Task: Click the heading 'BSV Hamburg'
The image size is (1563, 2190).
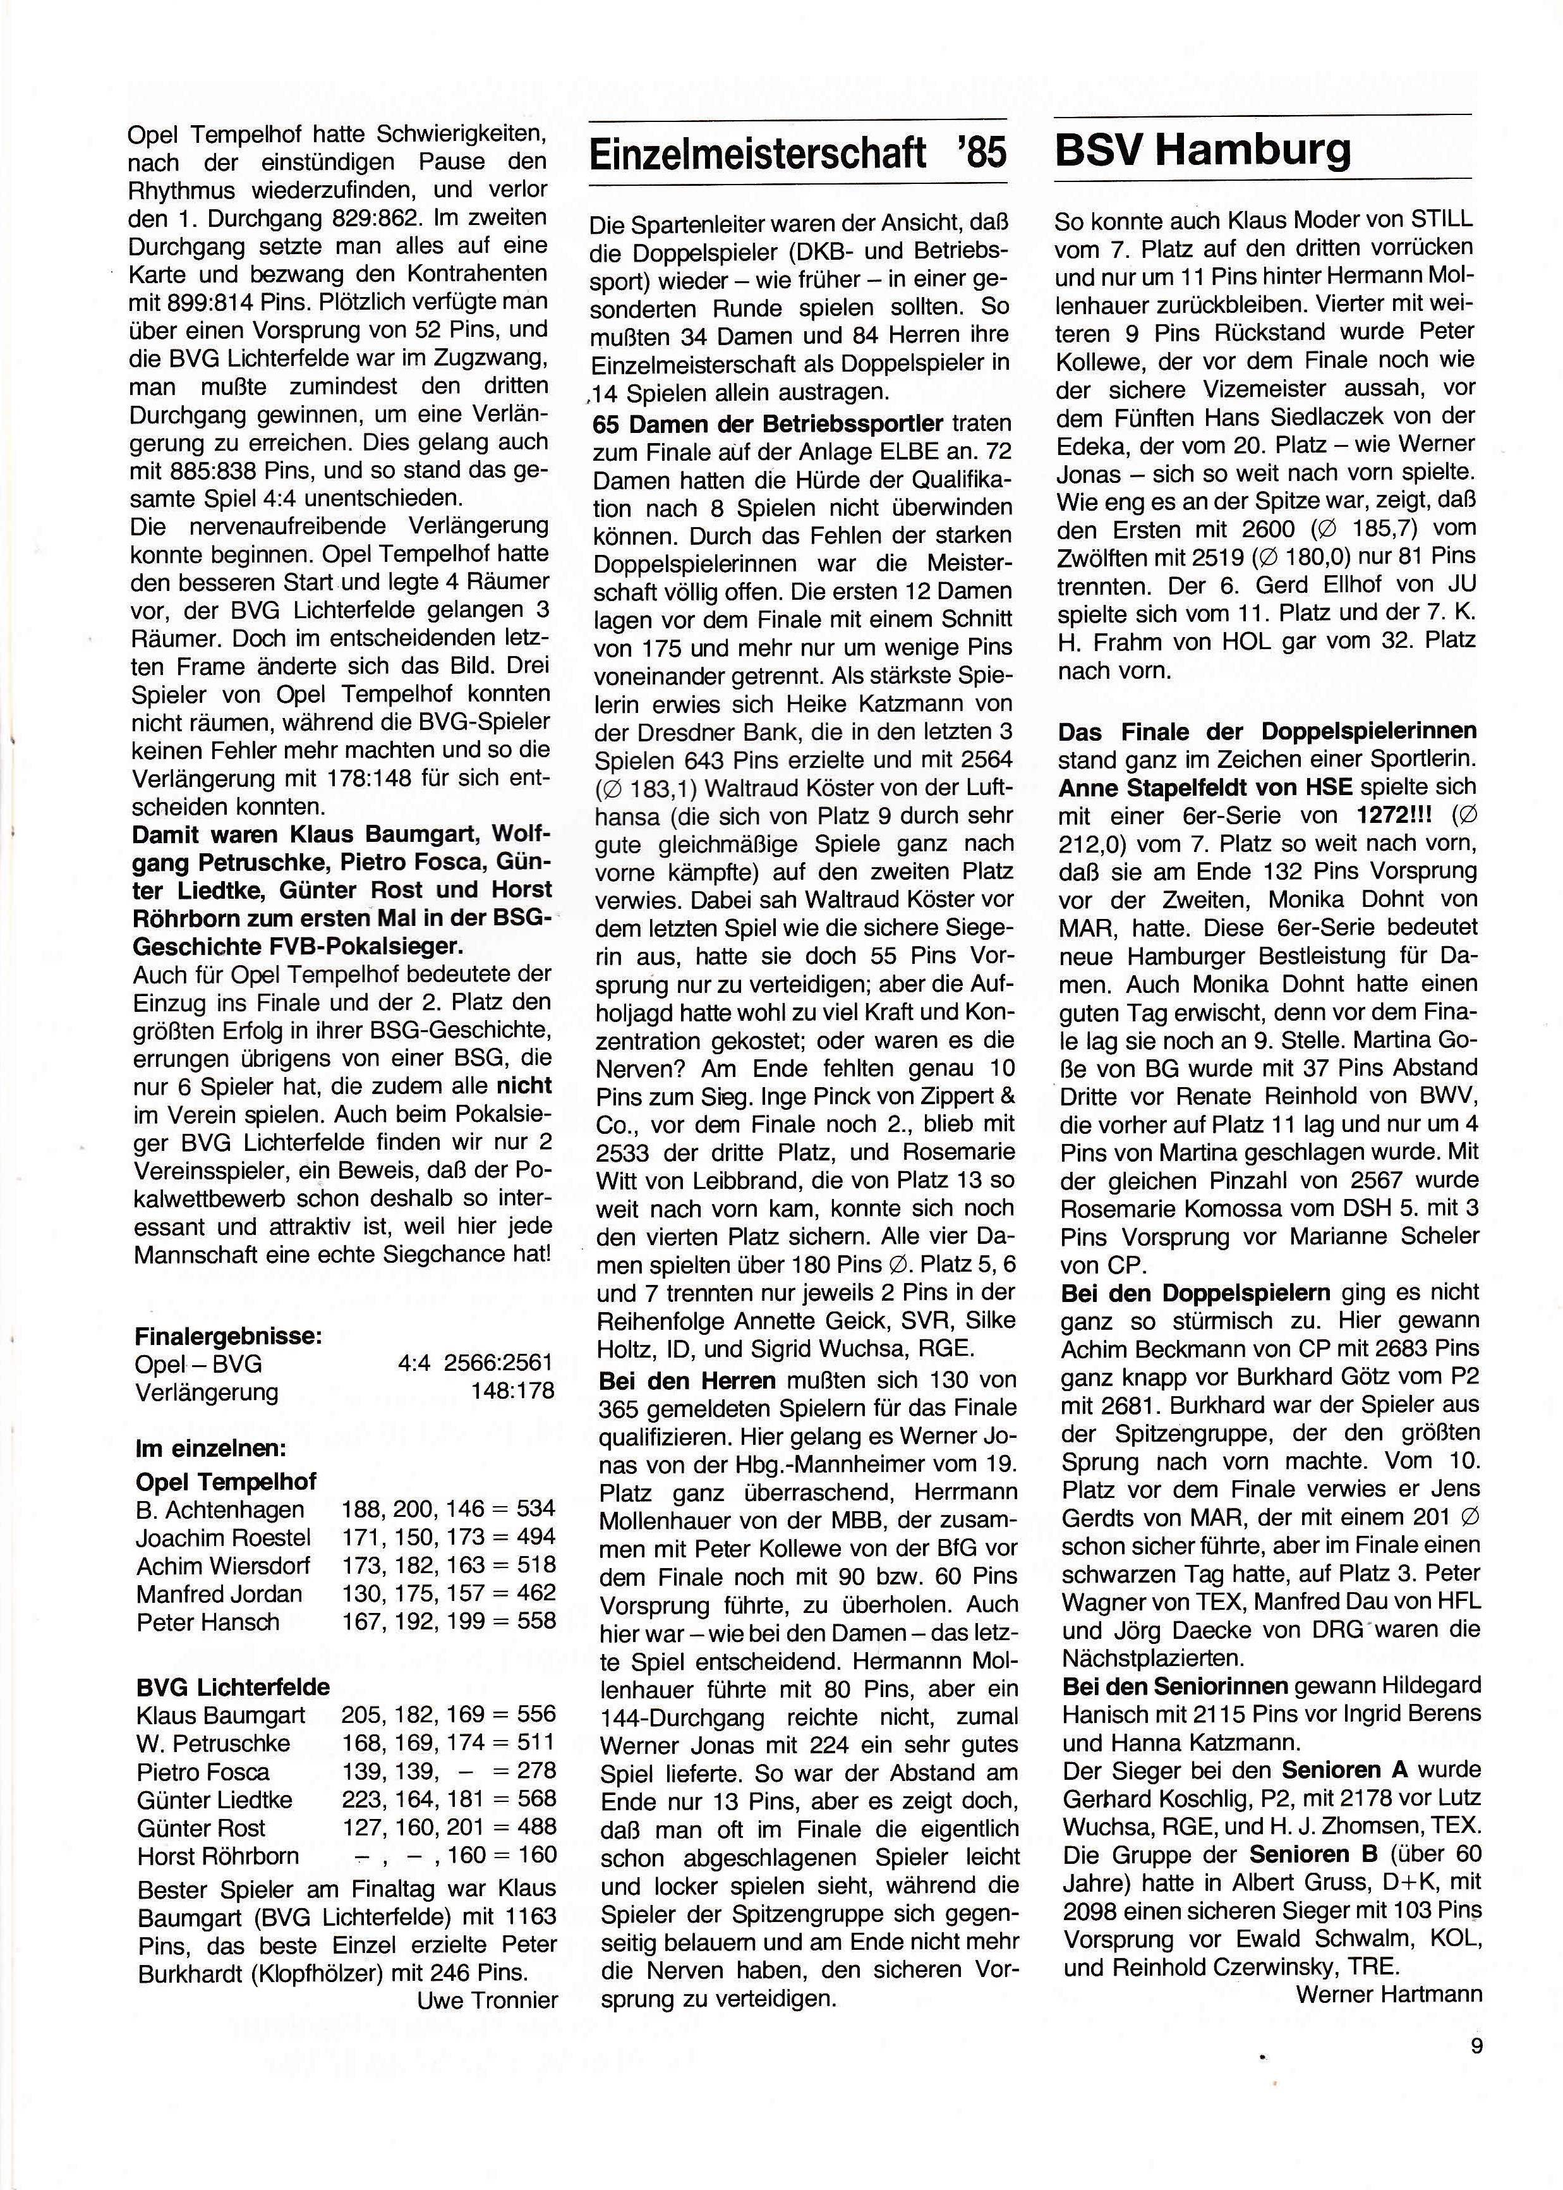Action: [1203, 151]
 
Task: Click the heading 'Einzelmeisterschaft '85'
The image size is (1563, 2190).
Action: [797, 154]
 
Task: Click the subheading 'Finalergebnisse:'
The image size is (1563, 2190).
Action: [228, 1336]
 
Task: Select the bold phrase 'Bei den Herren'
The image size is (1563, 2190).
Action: [686, 1380]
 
